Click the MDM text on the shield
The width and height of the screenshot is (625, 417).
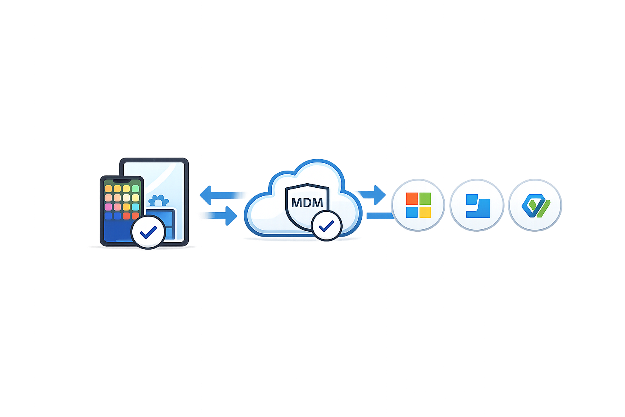(x=307, y=202)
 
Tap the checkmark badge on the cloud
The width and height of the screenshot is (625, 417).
(x=326, y=226)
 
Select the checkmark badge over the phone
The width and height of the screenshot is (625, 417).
(x=148, y=232)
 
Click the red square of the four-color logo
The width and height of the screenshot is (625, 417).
(x=412, y=199)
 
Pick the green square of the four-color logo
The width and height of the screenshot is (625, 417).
(x=425, y=199)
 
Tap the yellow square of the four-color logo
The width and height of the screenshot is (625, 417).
(x=425, y=212)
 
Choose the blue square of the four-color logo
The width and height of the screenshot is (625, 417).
(x=412, y=212)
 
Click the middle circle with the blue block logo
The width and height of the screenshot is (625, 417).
(x=477, y=205)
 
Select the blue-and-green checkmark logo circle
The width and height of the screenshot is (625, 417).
(x=535, y=205)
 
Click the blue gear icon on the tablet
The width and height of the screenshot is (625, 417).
(x=158, y=201)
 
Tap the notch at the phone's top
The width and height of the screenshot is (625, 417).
(x=122, y=180)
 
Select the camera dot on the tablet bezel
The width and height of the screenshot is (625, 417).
(x=154, y=160)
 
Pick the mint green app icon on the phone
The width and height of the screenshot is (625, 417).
(x=135, y=189)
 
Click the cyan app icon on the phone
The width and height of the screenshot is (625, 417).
(x=135, y=207)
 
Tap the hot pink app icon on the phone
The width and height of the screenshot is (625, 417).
(x=108, y=207)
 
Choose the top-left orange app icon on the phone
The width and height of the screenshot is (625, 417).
(x=108, y=189)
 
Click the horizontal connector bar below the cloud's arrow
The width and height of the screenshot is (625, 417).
(x=379, y=216)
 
